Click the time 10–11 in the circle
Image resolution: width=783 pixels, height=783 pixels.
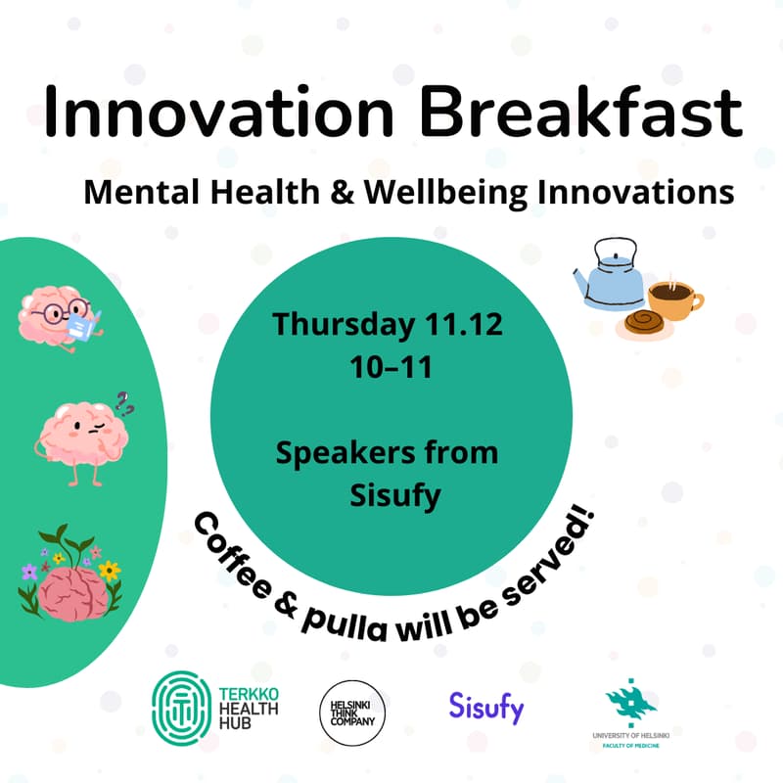click(389, 369)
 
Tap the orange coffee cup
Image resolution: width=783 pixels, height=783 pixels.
click(675, 298)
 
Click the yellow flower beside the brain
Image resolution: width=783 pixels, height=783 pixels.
click(110, 569)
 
